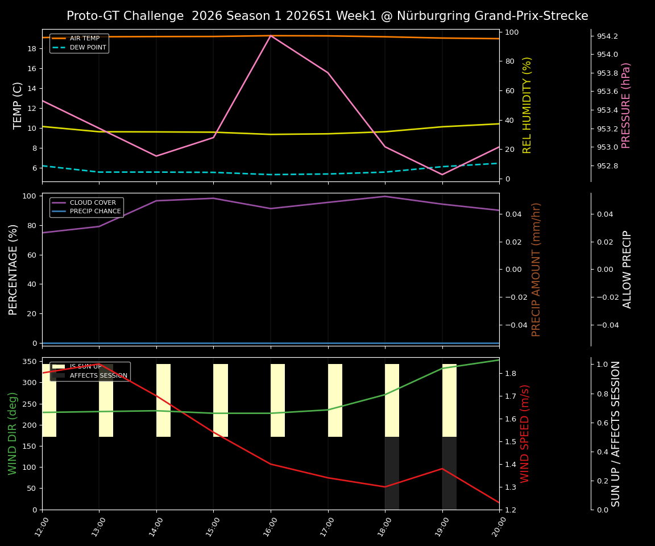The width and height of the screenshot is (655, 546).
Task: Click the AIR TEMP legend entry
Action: coord(84,39)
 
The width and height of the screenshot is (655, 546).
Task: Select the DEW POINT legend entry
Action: coord(88,48)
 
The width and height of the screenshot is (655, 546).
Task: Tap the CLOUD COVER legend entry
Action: coord(93,202)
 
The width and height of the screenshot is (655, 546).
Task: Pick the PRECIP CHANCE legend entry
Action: coord(95,212)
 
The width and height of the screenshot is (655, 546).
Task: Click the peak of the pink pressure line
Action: coord(271,35)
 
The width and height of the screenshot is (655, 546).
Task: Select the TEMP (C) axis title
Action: coord(18,105)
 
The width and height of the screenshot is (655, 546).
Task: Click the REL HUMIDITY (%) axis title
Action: coord(527,105)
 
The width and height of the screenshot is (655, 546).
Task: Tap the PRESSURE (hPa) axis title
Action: coord(626,105)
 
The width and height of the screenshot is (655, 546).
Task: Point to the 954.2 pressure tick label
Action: coord(607,36)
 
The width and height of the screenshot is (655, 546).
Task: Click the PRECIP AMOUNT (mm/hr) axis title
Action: coord(536,269)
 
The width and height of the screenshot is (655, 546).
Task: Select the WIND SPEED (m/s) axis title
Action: coord(525,433)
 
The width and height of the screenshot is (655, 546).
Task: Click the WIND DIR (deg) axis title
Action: coord(13,433)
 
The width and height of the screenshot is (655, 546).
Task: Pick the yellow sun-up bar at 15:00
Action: coord(221,400)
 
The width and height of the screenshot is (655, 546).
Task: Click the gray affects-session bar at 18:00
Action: coord(392,473)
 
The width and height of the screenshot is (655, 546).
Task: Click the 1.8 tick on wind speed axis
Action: coord(511,373)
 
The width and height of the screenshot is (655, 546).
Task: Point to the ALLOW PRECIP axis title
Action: coord(627,269)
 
